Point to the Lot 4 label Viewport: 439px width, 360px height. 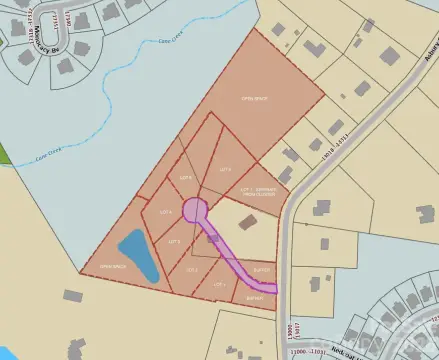click(x=165, y=212)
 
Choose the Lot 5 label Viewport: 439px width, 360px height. click(x=185, y=177)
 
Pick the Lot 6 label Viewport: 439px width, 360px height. click(x=225, y=170)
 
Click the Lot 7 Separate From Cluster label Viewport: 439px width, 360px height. click(x=259, y=189)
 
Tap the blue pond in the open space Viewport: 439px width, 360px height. click(x=139, y=255)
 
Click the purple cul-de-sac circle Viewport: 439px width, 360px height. click(x=195, y=210)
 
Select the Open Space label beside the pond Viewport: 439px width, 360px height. click(x=111, y=267)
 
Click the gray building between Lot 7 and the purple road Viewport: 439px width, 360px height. click(x=248, y=222)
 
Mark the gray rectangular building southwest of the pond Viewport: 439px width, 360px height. click(x=72, y=296)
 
